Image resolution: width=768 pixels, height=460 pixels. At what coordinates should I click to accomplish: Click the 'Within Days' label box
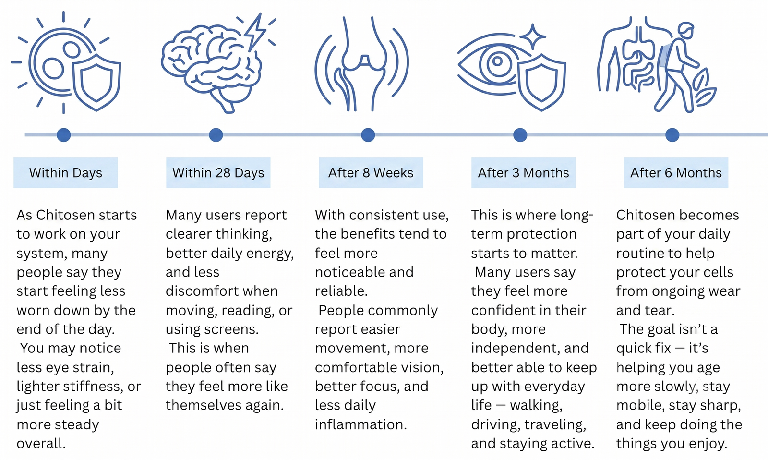[65, 172]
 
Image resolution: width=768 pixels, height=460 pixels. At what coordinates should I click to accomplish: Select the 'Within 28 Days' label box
[218, 172]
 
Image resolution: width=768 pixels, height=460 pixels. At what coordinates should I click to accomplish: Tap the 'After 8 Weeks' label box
[371, 172]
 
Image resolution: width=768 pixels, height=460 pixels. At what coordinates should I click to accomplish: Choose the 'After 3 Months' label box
[524, 172]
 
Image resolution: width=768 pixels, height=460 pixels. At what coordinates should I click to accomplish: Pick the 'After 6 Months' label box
[676, 172]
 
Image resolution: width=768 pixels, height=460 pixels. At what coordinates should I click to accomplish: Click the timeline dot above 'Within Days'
[64, 135]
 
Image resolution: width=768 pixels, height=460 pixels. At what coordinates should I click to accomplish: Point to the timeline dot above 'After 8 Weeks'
[368, 135]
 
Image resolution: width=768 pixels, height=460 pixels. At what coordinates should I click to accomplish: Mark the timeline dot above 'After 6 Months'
[672, 135]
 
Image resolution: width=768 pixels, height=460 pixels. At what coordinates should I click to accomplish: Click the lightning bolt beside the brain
[255, 33]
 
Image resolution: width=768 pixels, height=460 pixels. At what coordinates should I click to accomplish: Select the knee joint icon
[362, 63]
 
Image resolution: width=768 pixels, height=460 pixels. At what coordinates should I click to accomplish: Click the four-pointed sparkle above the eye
[532, 36]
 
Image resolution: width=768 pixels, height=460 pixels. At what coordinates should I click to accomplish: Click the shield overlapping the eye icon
[541, 82]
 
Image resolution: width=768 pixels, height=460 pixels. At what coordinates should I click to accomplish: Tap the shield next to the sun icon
[96, 82]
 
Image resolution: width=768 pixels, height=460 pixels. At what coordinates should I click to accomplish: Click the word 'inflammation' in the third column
[360, 424]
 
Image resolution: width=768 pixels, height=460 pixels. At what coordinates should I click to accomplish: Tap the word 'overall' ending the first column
[41, 444]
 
